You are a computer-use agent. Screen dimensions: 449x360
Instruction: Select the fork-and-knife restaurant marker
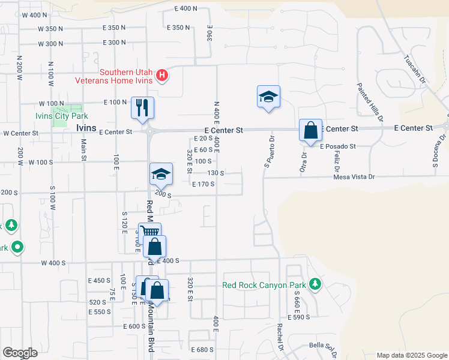click(143, 108)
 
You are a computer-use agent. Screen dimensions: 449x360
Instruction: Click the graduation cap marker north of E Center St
click(268, 97)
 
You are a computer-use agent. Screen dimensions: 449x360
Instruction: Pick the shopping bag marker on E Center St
click(310, 130)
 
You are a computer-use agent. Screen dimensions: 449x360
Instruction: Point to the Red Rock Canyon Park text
click(264, 285)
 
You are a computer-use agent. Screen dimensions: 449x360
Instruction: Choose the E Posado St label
click(338, 146)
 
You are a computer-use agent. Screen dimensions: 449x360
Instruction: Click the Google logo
click(20, 353)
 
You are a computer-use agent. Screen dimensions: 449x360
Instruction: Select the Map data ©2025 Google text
click(411, 355)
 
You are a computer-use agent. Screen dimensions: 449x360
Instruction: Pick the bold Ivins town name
click(86, 128)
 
